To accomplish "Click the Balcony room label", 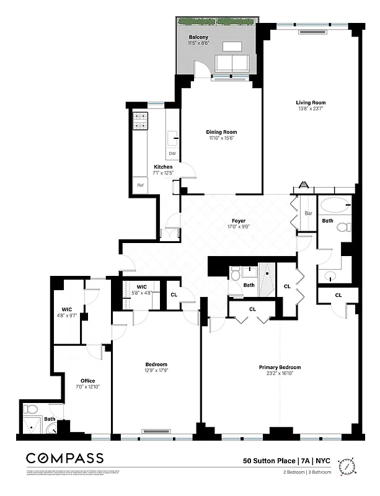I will click(x=198, y=37).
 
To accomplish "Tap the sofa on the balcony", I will click(x=231, y=62).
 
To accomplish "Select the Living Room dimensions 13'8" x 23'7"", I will click(x=310, y=108).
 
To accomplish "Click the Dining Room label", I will click(x=221, y=132).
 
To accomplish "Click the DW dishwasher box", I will click(x=172, y=153).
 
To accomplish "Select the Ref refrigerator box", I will click(x=140, y=185).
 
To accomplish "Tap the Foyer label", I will click(x=239, y=221).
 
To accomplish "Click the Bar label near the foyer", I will click(x=309, y=214).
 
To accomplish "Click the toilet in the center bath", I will click(x=236, y=273).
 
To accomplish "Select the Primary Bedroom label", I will click(x=280, y=367).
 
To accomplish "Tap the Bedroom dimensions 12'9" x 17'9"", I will click(x=156, y=371).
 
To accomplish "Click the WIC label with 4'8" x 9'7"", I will click(x=67, y=309).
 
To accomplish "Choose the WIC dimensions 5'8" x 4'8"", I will click(x=141, y=293).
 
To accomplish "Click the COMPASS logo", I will click(x=64, y=458).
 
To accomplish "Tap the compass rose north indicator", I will click(x=350, y=465).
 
